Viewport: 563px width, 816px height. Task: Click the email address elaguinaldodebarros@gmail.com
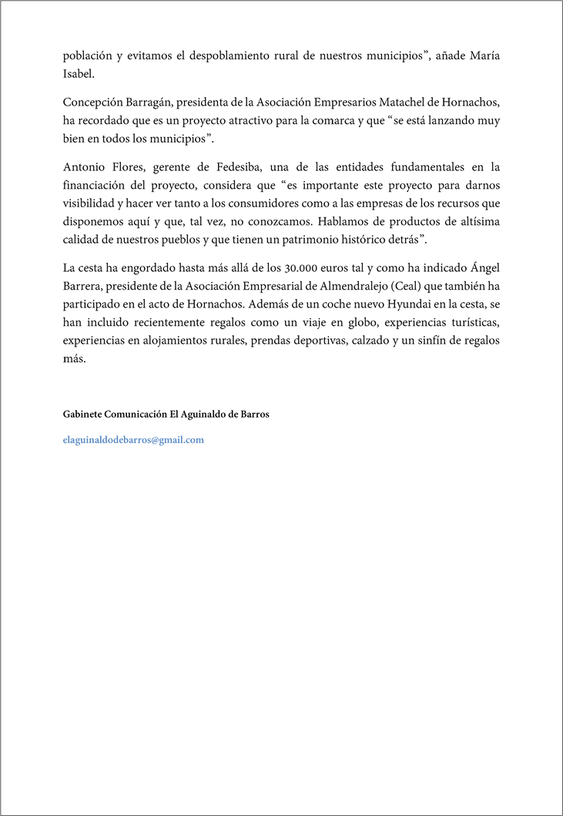(x=133, y=440)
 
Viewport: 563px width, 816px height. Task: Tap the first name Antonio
(x=84, y=166)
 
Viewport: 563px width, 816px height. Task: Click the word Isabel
(x=78, y=74)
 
